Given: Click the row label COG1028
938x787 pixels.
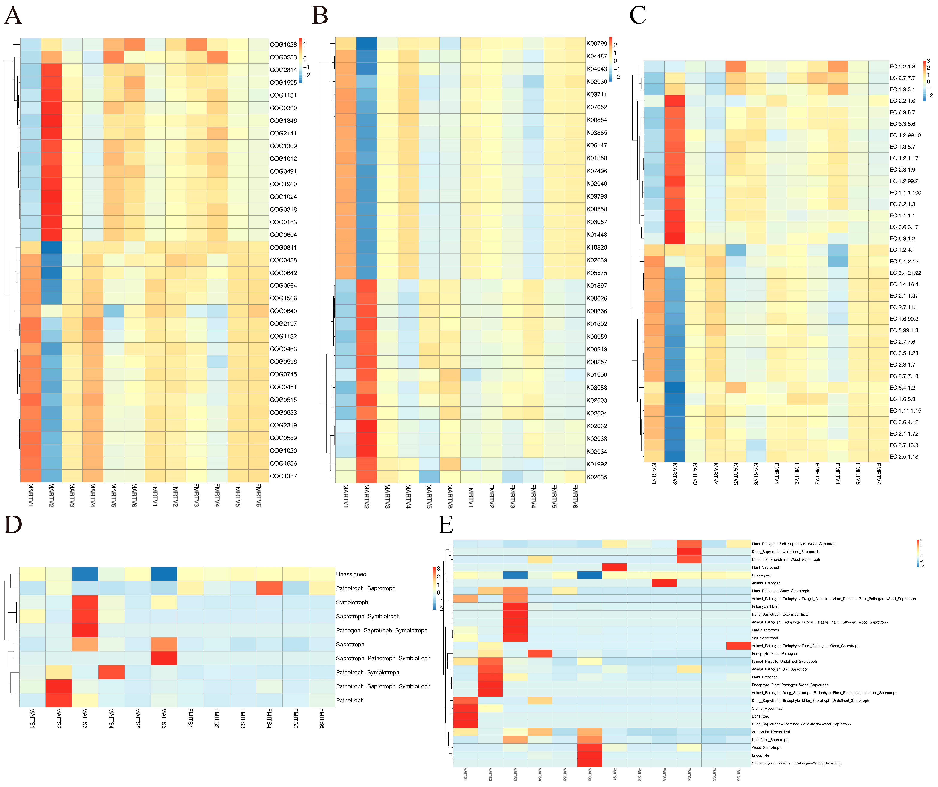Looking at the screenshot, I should tap(283, 45).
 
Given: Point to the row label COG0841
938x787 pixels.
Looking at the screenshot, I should tap(283, 247).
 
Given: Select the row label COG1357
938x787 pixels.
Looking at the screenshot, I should tap(283, 476).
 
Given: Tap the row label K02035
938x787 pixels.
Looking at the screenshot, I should tap(597, 477).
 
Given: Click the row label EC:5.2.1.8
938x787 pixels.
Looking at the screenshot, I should tap(902, 66).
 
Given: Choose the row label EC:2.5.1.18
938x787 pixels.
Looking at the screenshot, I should tap(904, 456).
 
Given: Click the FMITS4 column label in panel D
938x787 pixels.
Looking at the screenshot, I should tap(269, 718).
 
